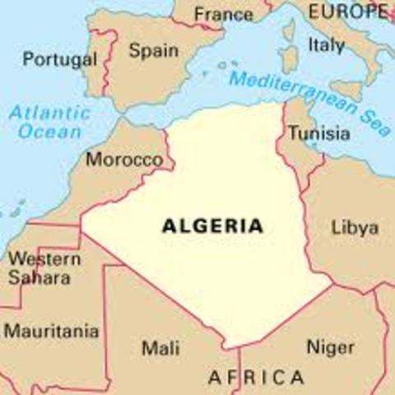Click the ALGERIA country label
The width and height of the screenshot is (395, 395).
tap(212, 225)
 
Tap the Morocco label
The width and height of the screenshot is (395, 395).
tap(124, 159)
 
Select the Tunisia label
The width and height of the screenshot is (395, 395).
tap(318, 134)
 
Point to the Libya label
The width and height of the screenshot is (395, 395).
tap(354, 227)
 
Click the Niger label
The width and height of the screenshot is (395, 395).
tap(330, 347)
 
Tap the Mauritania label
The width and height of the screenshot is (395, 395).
tap(52, 332)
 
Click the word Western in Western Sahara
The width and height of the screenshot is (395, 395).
tap(44, 259)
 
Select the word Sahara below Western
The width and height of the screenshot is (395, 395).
tap(39, 277)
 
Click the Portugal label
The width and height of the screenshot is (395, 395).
tap(59, 59)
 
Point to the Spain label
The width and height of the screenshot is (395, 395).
tap(154, 51)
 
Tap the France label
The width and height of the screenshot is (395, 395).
tap(224, 15)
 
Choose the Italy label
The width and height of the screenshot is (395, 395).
tap(326, 45)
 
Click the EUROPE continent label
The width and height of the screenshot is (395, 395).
tap(348, 12)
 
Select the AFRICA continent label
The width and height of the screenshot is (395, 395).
tap(255, 378)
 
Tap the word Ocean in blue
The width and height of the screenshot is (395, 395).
tap(51, 132)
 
